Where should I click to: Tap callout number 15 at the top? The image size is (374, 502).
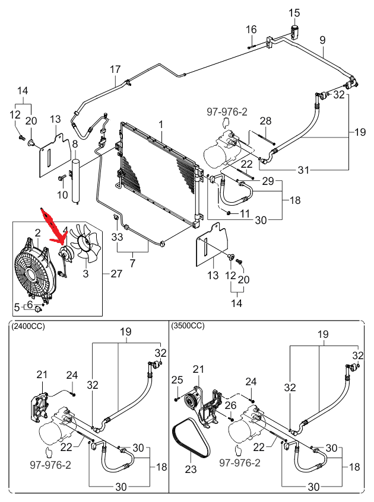(295, 13)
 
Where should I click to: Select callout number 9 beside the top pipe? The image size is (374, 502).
(322, 40)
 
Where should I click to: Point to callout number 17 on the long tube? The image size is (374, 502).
(115, 70)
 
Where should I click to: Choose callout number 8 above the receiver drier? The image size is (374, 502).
(75, 144)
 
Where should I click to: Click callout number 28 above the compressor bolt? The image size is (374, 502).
(265, 121)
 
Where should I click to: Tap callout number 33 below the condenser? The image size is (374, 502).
(117, 237)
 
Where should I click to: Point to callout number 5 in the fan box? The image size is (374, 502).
(17, 306)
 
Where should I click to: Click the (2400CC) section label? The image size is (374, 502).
(28, 326)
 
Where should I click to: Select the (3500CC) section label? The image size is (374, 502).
(188, 326)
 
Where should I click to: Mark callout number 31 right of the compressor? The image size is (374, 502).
(303, 171)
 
